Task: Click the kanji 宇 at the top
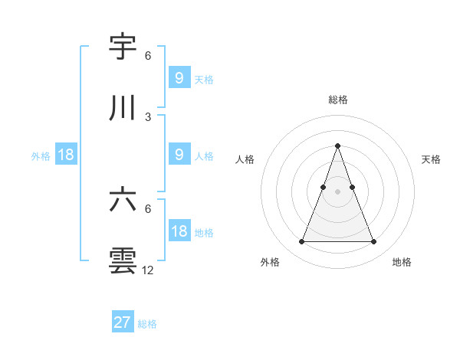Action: [123, 47]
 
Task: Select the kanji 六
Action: [123, 200]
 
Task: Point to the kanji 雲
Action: [123, 260]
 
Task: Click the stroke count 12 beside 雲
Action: [149, 270]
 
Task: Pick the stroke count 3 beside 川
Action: [148, 117]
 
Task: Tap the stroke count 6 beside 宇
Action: [148, 56]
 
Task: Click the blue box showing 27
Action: [123, 322]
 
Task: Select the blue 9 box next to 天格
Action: [179, 77]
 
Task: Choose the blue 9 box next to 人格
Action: [179, 155]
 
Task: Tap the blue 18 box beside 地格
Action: [179, 231]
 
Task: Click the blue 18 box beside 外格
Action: [66, 155]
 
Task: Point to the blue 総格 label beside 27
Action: [147, 324]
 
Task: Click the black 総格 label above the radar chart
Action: [338, 100]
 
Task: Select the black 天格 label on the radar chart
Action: [432, 159]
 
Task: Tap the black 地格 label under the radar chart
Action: [402, 262]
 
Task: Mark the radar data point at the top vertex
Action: [338, 146]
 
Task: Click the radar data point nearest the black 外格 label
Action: [302, 242]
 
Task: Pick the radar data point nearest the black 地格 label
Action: [373, 242]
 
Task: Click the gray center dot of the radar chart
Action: [338, 192]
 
